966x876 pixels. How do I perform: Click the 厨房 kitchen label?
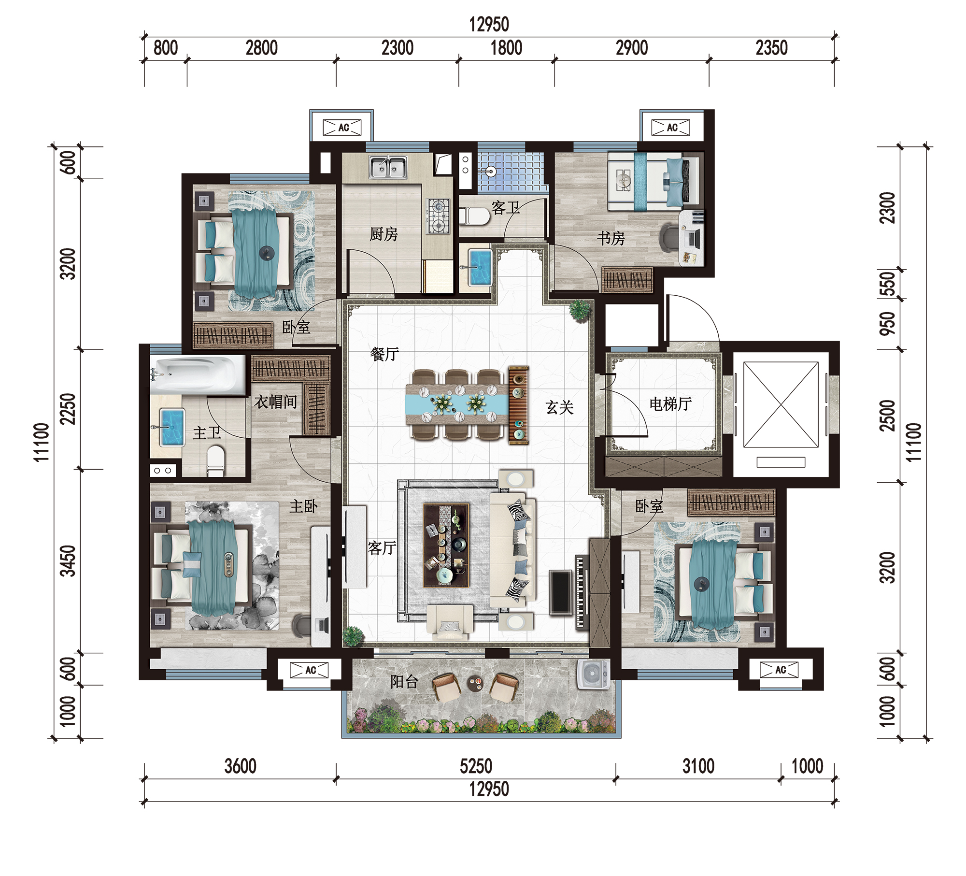[384, 234]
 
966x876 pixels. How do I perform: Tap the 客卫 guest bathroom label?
[505, 208]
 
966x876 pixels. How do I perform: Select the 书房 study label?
[611, 238]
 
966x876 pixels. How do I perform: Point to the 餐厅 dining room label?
[384, 354]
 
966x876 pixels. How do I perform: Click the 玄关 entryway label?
[560, 408]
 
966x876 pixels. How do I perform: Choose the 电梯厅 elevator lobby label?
[670, 404]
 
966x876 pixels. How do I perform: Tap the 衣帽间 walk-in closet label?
[276, 402]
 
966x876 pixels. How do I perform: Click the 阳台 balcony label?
[404, 681]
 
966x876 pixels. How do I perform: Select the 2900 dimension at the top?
[632, 48]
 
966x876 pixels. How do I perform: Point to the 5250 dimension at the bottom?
[476, 766]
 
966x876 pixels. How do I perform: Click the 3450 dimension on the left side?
[68, 561]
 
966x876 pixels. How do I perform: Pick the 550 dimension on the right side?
[888, 284]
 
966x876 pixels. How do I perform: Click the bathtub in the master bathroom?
[198, 375]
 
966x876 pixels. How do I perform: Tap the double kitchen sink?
[388, 168]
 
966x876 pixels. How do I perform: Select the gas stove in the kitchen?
[438, 216]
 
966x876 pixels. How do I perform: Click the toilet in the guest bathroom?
[474, 216]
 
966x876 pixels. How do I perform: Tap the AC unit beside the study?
[671, 128]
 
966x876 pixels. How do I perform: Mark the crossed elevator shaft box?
[781, 405]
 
